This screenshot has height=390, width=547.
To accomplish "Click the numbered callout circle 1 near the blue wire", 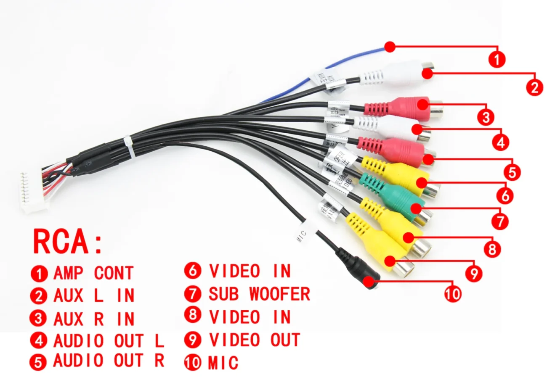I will [x=497, y=59].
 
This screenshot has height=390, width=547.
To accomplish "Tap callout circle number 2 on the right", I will [x=534, y=87].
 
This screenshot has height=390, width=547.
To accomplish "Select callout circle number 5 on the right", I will [x=512, y=172].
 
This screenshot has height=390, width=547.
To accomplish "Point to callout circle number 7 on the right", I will [x=499, y=221].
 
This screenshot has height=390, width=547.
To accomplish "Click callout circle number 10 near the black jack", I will [x=453, y=293].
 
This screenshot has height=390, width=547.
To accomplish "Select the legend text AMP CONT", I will [x=93, y=274].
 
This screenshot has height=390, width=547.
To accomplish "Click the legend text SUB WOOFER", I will [x=259, y=294].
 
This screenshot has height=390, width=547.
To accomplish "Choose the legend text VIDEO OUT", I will [x=254, y=340].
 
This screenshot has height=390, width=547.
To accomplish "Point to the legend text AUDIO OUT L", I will [x=108, y=340].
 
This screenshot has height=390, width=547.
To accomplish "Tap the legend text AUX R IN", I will [x=93, y=319].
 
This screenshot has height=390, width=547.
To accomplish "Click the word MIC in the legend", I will [x=223, y=363].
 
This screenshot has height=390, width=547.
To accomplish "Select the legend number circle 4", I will [x=39, y=340].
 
